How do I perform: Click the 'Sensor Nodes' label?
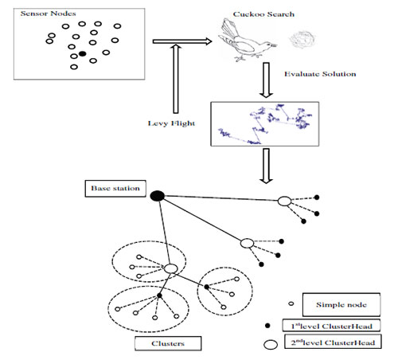pos(48,14)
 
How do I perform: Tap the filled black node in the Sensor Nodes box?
pos(83,53)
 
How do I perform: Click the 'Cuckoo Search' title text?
pos(263,14)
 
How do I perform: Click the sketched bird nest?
pos(302,39)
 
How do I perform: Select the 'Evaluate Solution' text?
pos(320,74)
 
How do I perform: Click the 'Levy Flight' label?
pos(171,123)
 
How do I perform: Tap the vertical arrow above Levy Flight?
pos(176,79)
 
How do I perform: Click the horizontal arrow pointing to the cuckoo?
pos(182,41)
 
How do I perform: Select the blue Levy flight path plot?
pos(265,123)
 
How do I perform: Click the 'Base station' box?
pos(115,189)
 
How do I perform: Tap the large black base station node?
pos(158,196)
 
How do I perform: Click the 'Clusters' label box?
pos(168,343)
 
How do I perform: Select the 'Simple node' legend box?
pos(341,304)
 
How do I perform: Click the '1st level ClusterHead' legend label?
pos(331,326)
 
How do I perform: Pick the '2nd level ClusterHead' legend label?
pos(333,342)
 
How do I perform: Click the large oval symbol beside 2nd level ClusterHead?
pos(271,345)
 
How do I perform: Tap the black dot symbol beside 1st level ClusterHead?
pos(267,325)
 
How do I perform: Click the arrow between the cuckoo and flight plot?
pos(266,80)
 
